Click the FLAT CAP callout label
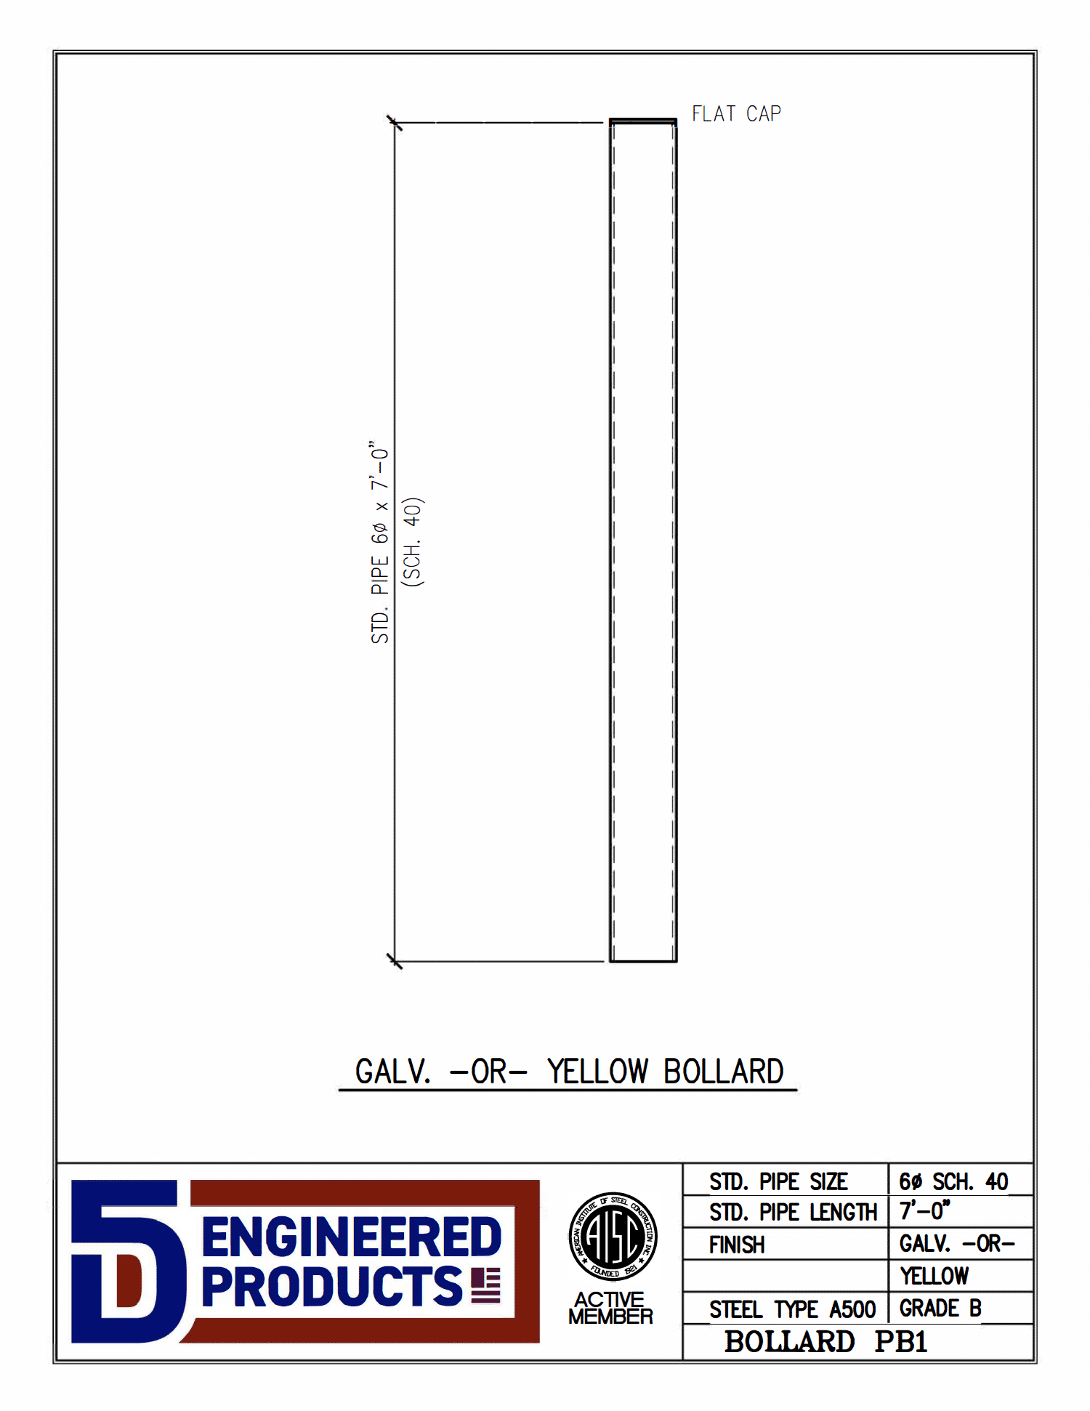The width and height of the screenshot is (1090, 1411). (735, 114)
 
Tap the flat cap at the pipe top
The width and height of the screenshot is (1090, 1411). (642, 121)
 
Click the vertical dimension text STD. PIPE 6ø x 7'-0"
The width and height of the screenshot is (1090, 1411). (380, 542)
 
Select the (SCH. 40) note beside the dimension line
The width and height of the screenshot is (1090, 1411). (413, 542)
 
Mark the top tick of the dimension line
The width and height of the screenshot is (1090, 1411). (394, 123)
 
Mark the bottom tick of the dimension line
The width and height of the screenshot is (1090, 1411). (394, 961)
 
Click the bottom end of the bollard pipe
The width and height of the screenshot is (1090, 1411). (643, 959)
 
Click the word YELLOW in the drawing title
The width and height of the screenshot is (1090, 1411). (597, 1072)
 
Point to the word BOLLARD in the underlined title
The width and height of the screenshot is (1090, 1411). (723, 1072)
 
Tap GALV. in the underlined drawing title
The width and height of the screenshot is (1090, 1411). (392, 1072)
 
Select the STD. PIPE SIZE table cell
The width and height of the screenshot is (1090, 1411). (778, 1182)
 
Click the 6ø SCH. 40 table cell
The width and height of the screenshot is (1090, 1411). (953, 1182)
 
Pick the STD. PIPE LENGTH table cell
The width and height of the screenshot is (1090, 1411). (793, 1213)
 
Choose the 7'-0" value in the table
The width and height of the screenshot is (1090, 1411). (924, 1211)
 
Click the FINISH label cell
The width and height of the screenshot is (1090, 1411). (737, 1245)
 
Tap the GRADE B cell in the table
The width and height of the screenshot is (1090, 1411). (940, 1309)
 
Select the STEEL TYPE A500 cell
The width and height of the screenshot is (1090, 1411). (792, 1309)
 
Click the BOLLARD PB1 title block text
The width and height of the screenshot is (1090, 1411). (825, 1342)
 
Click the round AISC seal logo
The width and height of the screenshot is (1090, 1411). (613, 1237)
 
